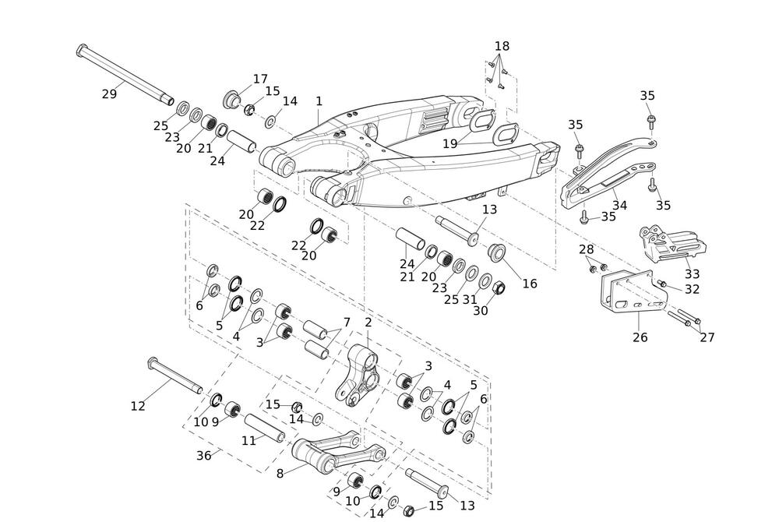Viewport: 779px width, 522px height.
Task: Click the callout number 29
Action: coord(109,94)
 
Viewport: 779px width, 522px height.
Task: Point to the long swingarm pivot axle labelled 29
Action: coord(125,74)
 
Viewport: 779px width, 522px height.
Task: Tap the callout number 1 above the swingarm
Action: coord(319,101)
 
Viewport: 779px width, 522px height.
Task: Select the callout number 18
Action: coord(502,46)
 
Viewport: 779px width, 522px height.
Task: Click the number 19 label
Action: coord(450,143)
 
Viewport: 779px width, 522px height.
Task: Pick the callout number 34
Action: coord(619,206)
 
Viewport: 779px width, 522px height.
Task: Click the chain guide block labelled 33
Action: coord(671,242)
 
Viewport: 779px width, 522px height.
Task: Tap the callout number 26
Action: coord(640,337)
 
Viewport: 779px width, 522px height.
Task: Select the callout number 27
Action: coord(707,337)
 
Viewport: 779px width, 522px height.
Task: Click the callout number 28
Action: coord(586,249)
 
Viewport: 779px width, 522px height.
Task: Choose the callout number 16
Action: coord(530,284)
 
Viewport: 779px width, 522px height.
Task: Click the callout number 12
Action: coord(138,406)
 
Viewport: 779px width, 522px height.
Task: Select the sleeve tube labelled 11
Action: coord(265,428)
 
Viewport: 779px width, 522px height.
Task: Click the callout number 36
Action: coord(203,456)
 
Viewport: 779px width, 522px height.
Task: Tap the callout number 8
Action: coord(280,472)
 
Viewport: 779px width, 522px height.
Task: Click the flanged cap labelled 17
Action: coord(232,101)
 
